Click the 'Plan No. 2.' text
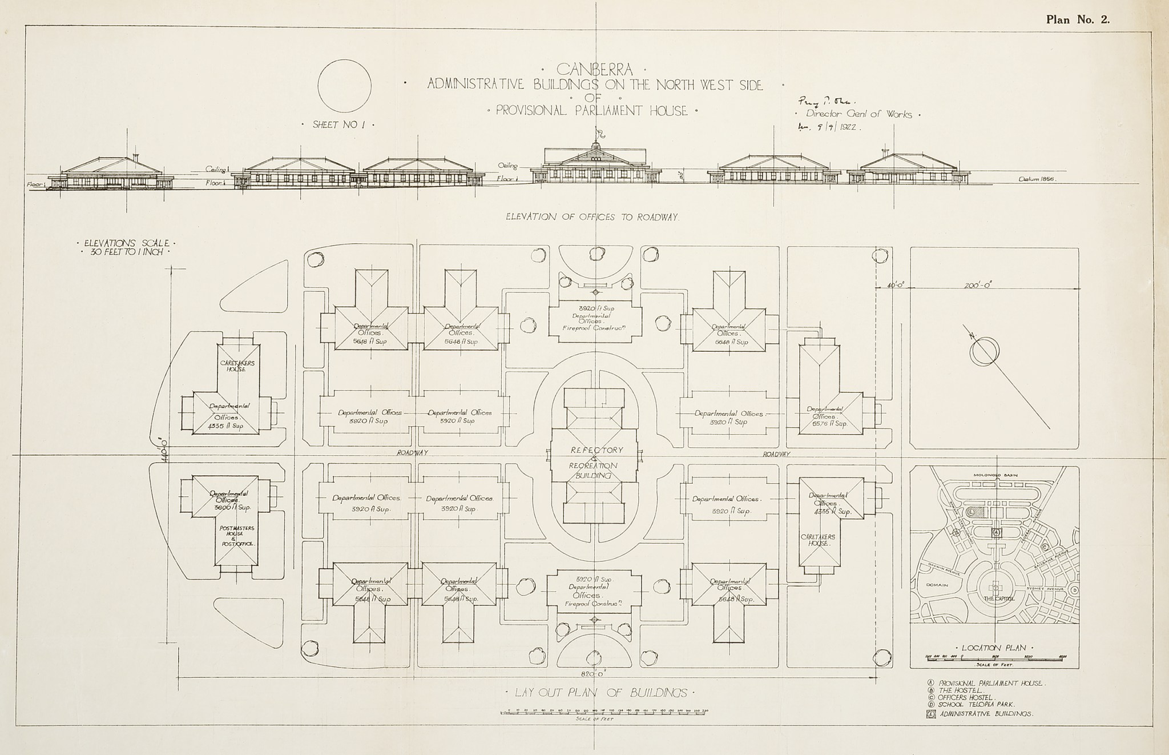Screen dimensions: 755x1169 (x=1077, y=19)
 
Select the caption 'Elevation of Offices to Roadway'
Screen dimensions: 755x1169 (x=591, y=217)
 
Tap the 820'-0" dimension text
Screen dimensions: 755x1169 (x=594, y=673)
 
